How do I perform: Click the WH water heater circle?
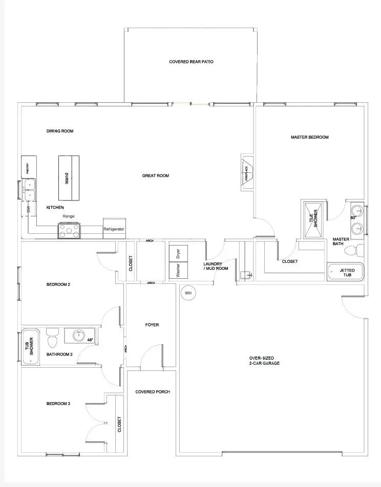click(x=188, y=293)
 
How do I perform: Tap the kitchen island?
click(x=69, y=178)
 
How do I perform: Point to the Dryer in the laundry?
click(x=179, y=254)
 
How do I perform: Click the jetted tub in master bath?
click(x=346, y=272)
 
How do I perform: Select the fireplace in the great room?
click(x=247, y=172)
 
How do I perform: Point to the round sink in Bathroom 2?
click(x=78, y=336)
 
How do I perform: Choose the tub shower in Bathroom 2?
click(x=30, y=347)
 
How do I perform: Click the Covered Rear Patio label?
click(x=191, y=62)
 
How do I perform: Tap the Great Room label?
click(x=156, y=176)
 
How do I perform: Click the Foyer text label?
click(x=152, y=325)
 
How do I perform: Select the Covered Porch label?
click(x=152, y=392)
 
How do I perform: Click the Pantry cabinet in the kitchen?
click(x=29, y=167)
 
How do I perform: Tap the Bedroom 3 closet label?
click(x=120, y=424)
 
